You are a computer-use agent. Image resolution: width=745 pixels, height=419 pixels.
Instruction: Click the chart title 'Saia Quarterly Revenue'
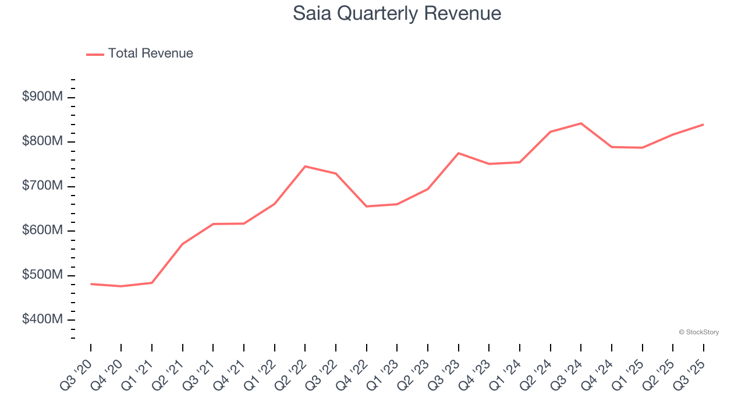pyautogui.click(x=397, y=13)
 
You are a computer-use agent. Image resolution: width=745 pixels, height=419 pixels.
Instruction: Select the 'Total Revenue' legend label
pyautogui.click(x=150, y=54)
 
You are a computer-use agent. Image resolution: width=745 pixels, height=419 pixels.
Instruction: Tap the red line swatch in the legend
pyautogui.click(x=95, y=54)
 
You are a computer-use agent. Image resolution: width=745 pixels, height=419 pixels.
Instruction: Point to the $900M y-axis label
pyautogui.click(x=42, y=97)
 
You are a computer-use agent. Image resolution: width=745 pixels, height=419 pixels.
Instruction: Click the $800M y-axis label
pyautogui.click(x=42, y=141)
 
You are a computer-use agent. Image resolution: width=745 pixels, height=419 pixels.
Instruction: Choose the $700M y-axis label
pyautogui.click(x=42, y=186)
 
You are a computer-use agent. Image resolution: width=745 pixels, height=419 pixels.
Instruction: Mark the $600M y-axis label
pyautogui.click(x=42, y=230)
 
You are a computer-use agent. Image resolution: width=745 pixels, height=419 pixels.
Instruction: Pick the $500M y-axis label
pyautogui.click(x=42, y=275)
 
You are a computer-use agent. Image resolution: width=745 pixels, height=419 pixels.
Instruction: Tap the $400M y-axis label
pyautogui.click(x=42, y=319)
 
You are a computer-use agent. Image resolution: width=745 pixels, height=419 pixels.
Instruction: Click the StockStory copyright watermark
pyautogui.click(x=698, y=332)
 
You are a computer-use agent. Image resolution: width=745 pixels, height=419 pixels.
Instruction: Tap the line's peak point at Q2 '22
pyautogui.click(x=305, y=166)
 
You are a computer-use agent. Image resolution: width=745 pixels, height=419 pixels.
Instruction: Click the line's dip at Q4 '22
pyautogui.click(x=367, y=207)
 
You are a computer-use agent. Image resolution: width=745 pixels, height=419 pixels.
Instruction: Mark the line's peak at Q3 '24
pyautogui.click(x=581, y=123)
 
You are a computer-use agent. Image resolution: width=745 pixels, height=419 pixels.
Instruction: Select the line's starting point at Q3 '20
pyautogui.click(x=91, y=284)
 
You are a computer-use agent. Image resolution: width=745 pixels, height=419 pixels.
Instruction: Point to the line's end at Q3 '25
pyautogui.click(x=703, y=125)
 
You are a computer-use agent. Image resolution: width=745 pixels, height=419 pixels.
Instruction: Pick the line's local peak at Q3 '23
pyautogui.click(x=459, y=153)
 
